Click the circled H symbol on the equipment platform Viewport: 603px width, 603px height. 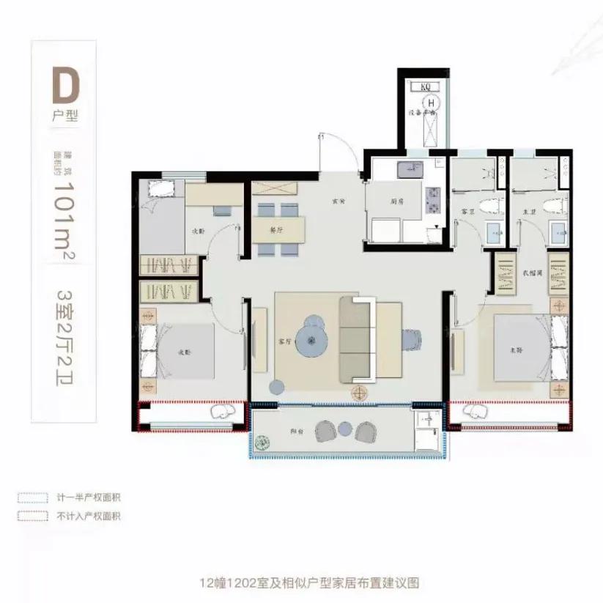pyautogui.click(x=432, y=103)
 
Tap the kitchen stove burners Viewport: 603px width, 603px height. pyautogui.click(x=432, y=201)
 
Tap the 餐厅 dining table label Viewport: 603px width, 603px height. pyautogui.click(x=276, y=229)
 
